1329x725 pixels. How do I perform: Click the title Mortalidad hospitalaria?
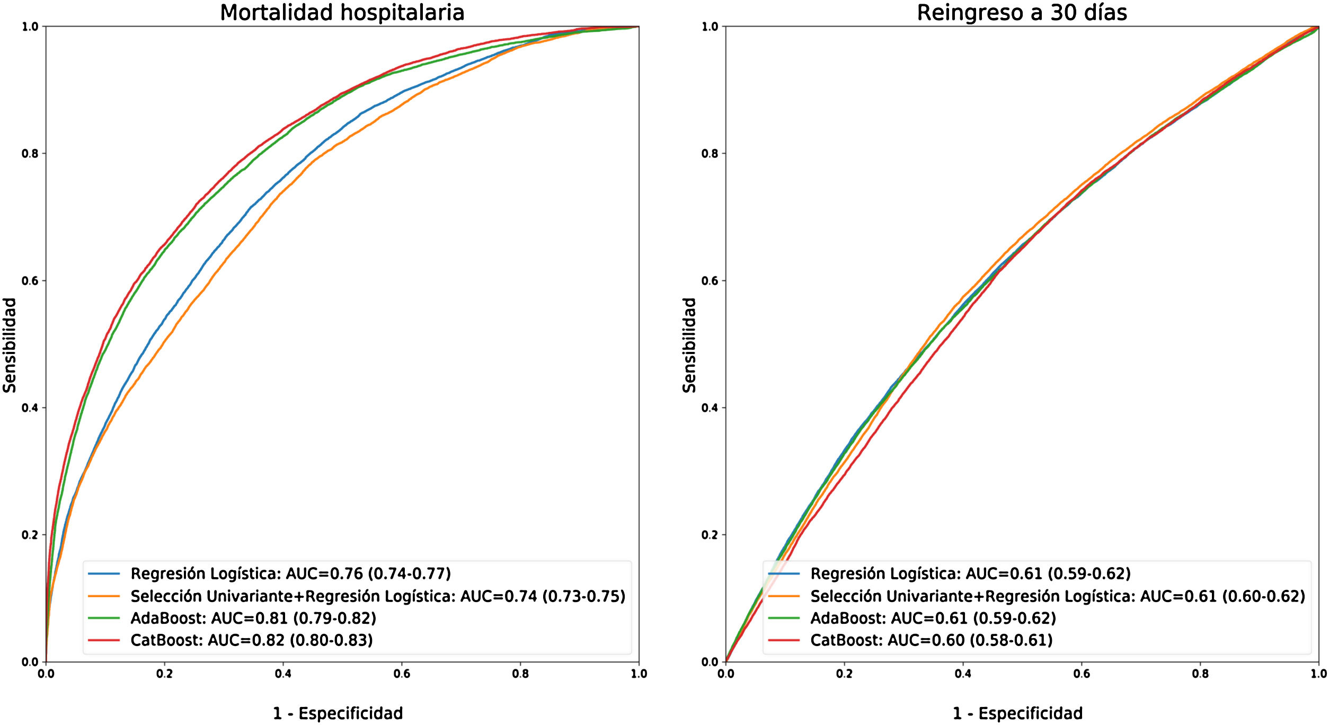click(x=342, y=13)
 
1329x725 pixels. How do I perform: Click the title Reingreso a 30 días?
click(x=1022, y=13)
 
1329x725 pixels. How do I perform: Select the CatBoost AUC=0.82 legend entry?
click(x=252, y=640)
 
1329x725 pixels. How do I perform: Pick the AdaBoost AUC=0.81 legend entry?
click(x=253, y=618)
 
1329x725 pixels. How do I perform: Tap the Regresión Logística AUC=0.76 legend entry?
click(x=290, y=573)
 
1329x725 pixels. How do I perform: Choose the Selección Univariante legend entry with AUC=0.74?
click(x=378, y=596)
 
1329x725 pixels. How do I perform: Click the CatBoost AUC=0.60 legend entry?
click(x=931, y=640)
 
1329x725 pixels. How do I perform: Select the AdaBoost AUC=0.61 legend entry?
click(x=933, y=618)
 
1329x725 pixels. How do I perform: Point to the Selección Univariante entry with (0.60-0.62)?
click(x=1058, y=596)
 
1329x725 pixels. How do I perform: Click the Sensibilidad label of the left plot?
click(x=10, y=345)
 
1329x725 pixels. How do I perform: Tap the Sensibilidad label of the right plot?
click(x=689, y=345)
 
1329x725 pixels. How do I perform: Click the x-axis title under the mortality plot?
click(x=338, y=713)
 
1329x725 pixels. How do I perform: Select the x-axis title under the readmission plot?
click(x=1017, y=713)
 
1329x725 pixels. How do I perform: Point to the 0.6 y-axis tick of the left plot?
click(x=30, y=281)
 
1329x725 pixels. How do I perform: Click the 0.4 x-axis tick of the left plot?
click(x=283, y=674)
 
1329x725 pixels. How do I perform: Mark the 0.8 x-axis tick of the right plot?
click(x=1200, y=674)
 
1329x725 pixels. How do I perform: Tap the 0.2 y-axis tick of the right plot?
click(x=710, y=535)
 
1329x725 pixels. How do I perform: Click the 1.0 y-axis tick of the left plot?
click(x=30, y=26)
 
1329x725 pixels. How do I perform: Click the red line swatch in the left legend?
click(x=104, y=640)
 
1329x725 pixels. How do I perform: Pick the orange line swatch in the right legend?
click(x=784, y=596)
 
